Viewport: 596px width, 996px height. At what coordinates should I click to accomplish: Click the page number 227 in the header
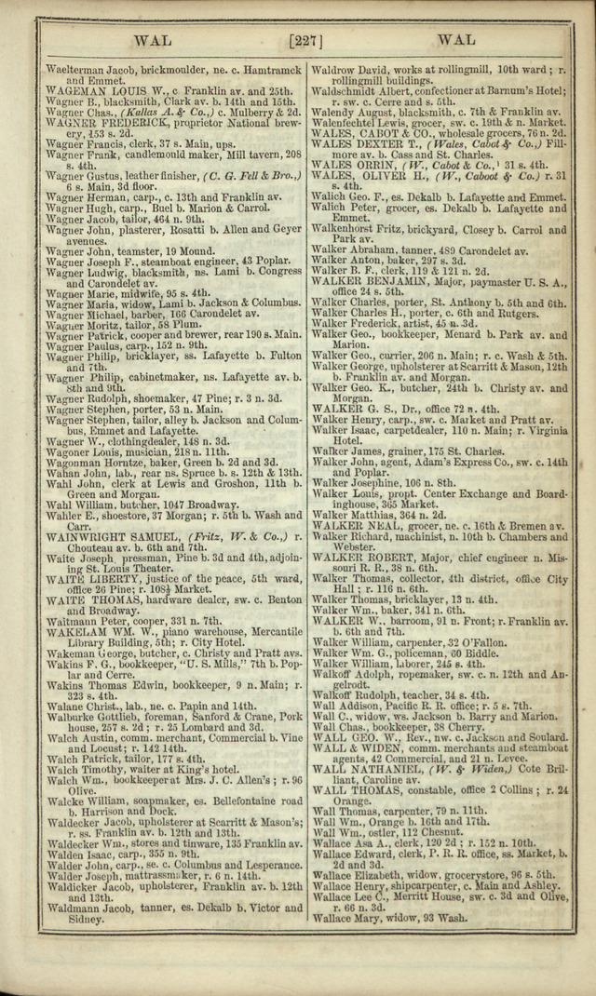305,40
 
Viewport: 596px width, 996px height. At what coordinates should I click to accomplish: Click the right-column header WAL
455,40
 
